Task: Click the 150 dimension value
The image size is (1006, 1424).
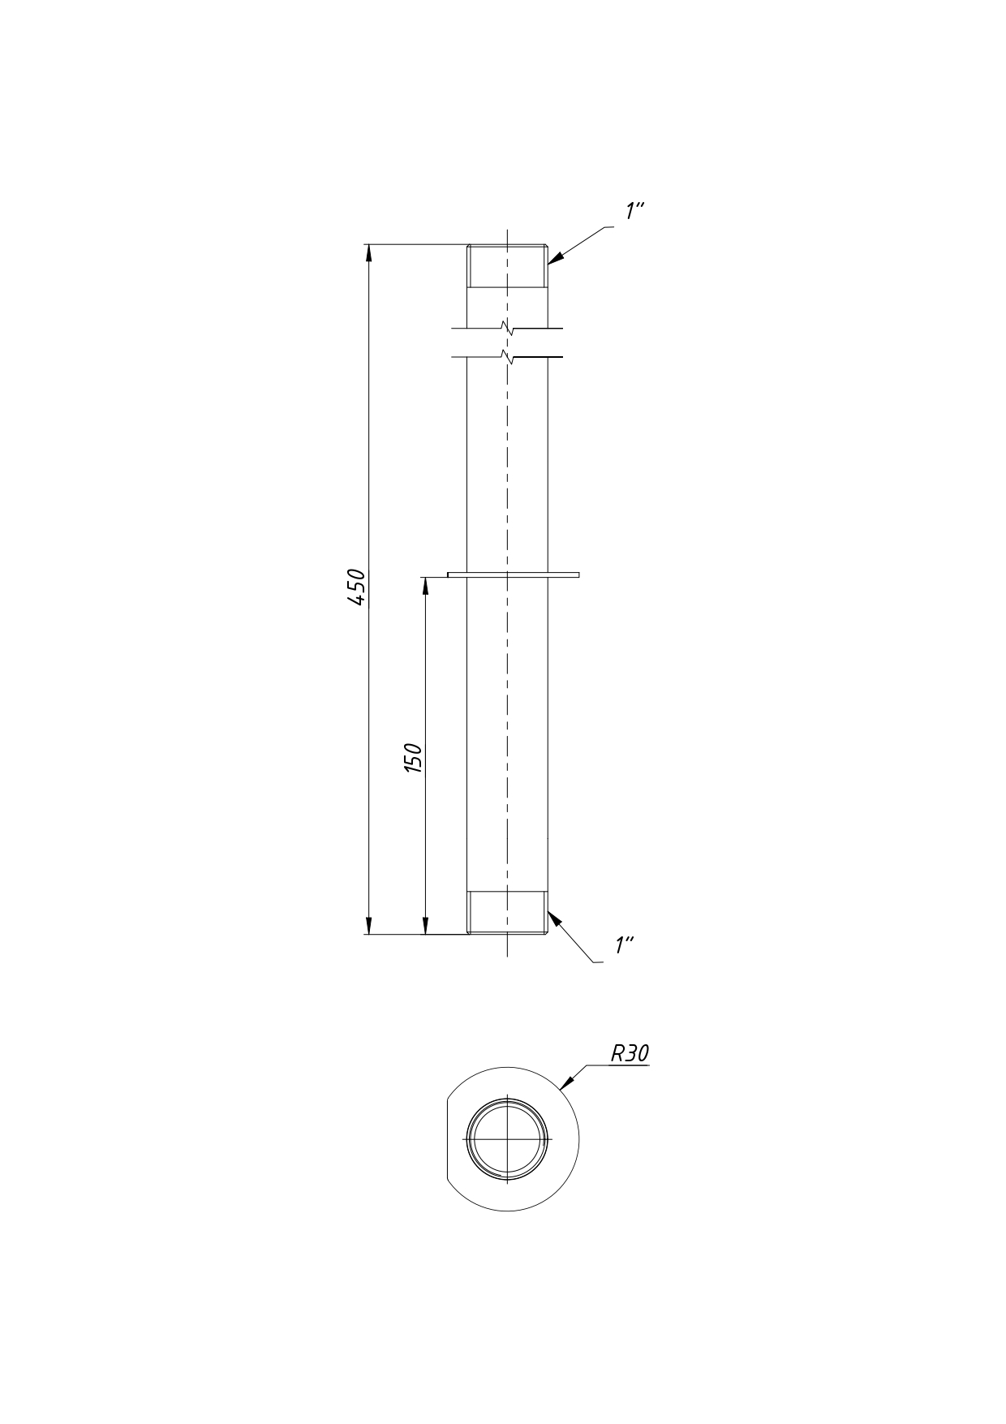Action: (x=414, y=757)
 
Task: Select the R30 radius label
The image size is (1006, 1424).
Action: (x=630, y=1053)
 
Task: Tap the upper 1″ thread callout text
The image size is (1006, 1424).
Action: (x=634, y=210)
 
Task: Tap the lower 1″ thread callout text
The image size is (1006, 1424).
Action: (x=625, y=944)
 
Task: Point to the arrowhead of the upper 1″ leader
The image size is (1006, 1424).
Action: (x=555, y=257)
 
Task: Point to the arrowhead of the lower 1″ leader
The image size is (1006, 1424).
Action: (x=554, y=919)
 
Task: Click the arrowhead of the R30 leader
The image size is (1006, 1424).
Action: (x=567, y=1082)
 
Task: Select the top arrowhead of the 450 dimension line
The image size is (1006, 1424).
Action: (x=369, y=252)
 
